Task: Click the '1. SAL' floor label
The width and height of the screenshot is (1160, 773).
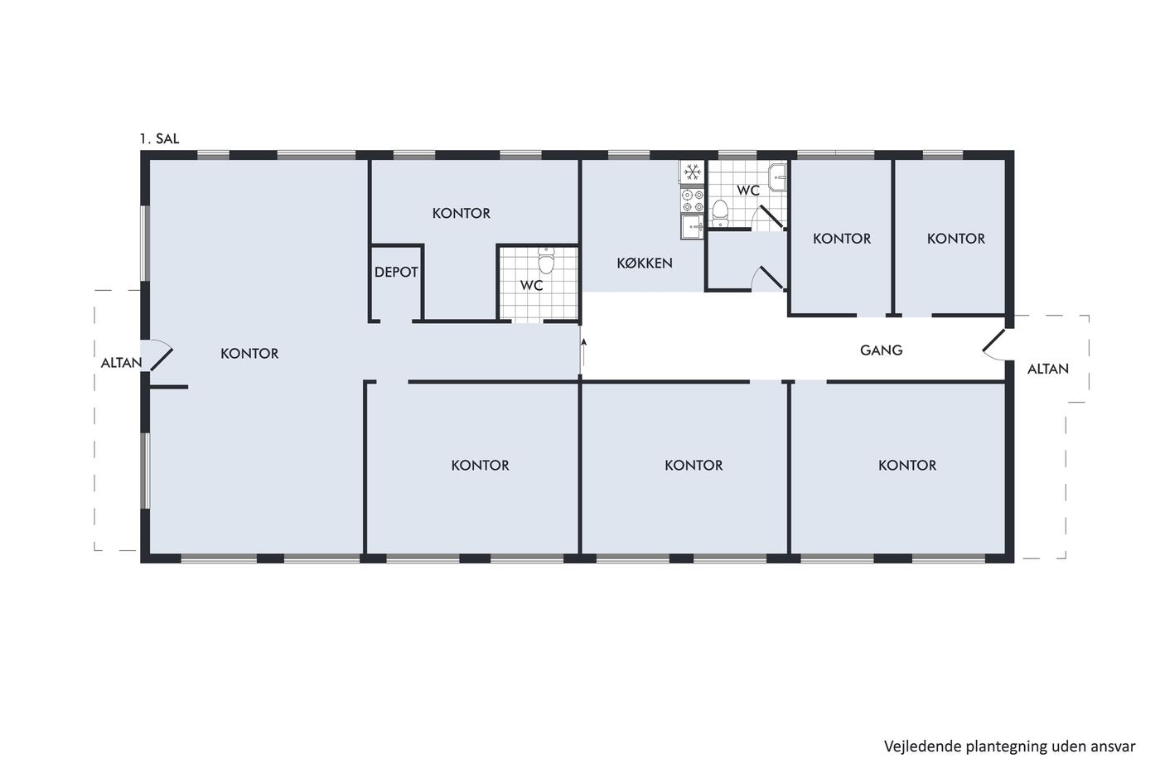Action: pyautogui.click(x=159, y=138)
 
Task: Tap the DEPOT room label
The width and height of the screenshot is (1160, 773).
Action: pyautogui.click(x=396, y=272)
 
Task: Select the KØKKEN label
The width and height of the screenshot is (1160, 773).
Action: pyautogui.click(x=645, y=263)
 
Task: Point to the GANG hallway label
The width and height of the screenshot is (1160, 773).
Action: pyautogui.click(x=882, y=350)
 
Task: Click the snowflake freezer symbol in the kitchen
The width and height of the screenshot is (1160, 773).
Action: pyautogui.click(x=693, y=172)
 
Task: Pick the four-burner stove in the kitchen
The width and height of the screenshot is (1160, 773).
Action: pyautogui.click(x=693, y=200)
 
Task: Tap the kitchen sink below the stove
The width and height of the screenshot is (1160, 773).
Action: pyautogui.click(x=693, y=227)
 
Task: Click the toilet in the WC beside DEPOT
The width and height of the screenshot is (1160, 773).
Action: pyautogui.click(x=546, y=260)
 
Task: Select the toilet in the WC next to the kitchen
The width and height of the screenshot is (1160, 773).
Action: pyautogui.click(x=720, y=213)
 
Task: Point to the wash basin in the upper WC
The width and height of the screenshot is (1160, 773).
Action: pyautogui.click(x=777, y=177)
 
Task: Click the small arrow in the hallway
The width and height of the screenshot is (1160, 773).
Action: pyautogui.click(x=583, y=355)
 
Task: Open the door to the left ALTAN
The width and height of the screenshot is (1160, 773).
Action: pyautogui.click(x=161, y=355)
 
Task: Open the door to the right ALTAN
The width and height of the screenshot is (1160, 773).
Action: pyautogui.click(x=994, y=344)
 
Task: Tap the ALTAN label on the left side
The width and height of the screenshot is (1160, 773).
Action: pyautogui.click(x=121, y=363)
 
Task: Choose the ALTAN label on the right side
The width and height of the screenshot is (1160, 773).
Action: pyautogui.click(x=1048, y=370)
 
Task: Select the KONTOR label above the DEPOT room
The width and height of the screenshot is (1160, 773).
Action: pyautogui.click(x=462, y=213)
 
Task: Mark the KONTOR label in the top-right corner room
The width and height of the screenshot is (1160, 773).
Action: pyautogui.click(x=956, y=239)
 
